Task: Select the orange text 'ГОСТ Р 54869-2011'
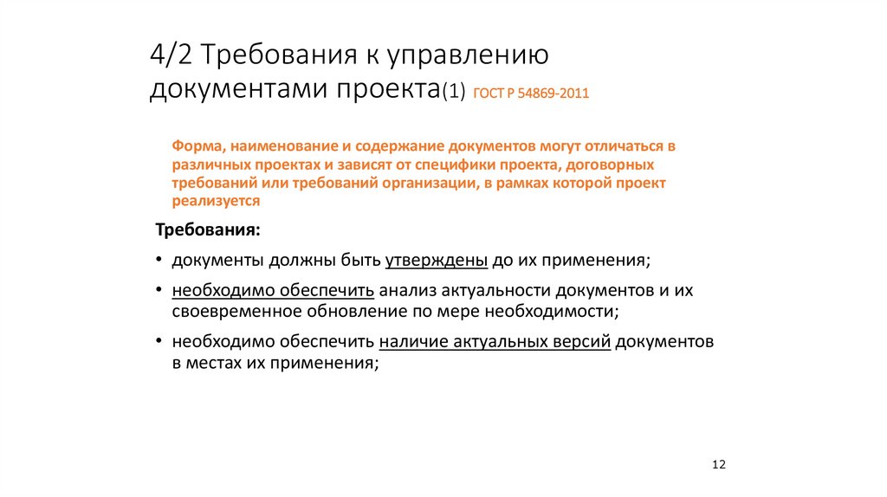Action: pyautogui.click(x=531, y=94)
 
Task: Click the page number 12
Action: pyautogui.click(x=718, y=465)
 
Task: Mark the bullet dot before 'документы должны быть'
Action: pyautogui.click(x=159, y=260)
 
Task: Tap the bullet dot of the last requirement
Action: pyautogui.click(x=159, y=341)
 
